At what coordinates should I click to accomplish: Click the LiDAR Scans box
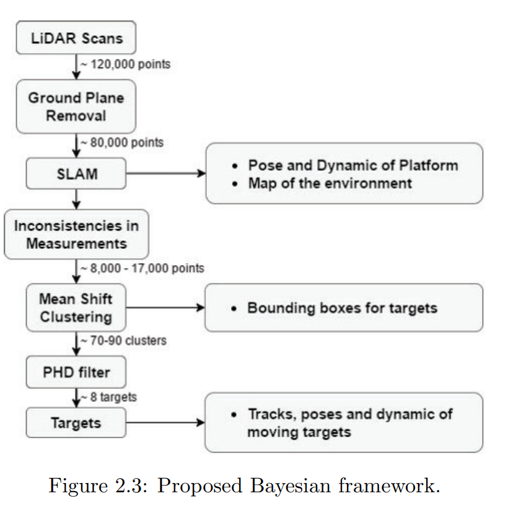click(76, 38)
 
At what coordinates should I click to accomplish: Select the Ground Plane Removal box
click(76, 107)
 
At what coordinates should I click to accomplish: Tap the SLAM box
click(76, 173)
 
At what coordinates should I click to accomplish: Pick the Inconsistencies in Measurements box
click(76, 234)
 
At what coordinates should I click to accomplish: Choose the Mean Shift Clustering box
click(76, 307)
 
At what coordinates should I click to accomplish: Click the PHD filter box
click(76, 372)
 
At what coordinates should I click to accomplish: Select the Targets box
click(76, 423)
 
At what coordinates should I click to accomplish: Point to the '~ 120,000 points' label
click(125, 64)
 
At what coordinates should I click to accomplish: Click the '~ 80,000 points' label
click(122, 142)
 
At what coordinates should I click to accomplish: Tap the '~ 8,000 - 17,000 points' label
click(142, 268)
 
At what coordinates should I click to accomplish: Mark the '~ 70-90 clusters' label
click(123, 341)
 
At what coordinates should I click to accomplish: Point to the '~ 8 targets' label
click(108, 397)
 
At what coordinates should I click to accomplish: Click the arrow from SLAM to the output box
click(166, 173)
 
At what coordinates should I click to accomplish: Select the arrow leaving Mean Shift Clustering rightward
click(165, 307)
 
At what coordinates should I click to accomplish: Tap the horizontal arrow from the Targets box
click(165, 423)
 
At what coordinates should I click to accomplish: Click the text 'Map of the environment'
click(330, 183)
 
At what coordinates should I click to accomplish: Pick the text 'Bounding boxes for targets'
click(343, 308)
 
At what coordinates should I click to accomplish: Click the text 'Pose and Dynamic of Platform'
click(353, 165)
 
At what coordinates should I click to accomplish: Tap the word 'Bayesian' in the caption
click(291, 486)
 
